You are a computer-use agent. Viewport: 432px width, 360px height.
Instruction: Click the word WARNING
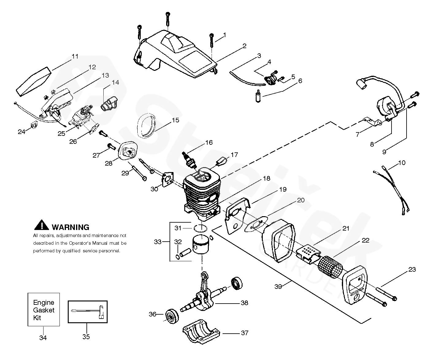71,227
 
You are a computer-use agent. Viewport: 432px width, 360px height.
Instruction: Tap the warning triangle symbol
42,225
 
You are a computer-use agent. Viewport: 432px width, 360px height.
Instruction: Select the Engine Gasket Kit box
44,309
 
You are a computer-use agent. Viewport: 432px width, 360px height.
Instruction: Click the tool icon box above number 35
88,312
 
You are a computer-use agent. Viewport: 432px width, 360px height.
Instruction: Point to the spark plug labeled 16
189,162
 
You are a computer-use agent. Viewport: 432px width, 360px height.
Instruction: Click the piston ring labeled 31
200,229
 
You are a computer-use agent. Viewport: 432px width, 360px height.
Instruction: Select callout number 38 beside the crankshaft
244,303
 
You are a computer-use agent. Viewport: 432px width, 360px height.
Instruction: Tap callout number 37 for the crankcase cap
245,333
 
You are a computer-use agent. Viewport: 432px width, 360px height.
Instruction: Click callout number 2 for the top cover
244,46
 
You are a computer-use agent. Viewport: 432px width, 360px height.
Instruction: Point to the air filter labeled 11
33,82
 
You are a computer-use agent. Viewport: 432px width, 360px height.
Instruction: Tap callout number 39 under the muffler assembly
278,286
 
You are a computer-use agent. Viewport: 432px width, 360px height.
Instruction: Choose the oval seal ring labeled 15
146,126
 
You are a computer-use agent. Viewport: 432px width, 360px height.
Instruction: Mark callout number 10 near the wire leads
402,163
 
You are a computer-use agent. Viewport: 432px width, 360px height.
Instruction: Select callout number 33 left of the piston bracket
158,242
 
